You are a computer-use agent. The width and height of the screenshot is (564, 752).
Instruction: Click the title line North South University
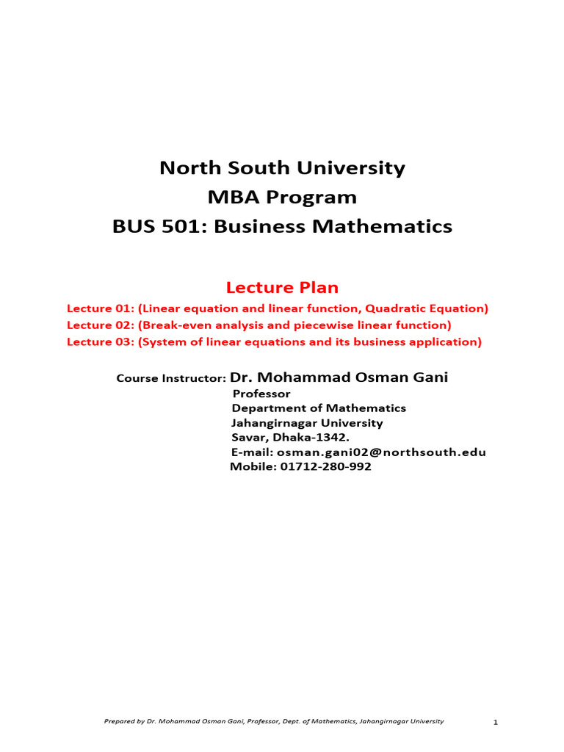click(282, 168)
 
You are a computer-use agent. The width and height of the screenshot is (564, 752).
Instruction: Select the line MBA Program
click(282, 198)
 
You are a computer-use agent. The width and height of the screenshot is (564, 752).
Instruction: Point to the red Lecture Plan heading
click(282, 286)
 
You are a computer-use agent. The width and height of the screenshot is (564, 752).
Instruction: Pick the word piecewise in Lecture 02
click(338, 325)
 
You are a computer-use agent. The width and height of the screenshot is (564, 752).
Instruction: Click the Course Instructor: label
click(171, 379)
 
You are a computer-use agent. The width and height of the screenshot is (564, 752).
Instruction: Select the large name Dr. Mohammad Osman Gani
click(339, 377)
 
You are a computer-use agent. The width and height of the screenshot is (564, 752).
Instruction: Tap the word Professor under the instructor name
click(261, 394)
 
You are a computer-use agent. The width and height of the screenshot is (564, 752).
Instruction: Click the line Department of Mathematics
click(319, 408)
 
